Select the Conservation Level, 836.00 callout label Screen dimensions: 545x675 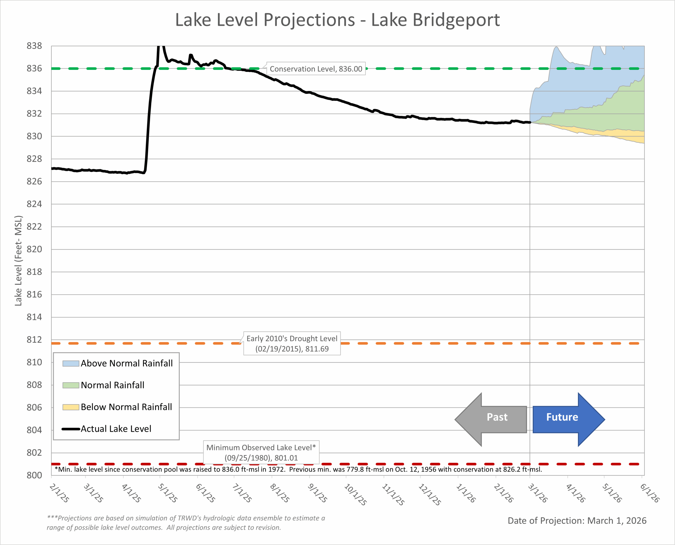click(x=316, y=69)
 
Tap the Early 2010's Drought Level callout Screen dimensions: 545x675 click(x=292, y=343)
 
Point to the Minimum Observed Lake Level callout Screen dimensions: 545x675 click(x=261, y=452)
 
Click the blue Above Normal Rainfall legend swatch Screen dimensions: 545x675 click(x=71, y=364)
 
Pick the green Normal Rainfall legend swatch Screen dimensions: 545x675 click(x=71, y=385)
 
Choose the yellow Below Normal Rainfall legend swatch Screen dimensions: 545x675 click(x=71, y=407)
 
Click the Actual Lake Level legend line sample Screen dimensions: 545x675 click(x=71, y=429)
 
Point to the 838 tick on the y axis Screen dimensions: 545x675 click(x=34, y=46)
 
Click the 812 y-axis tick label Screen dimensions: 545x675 click(x=34, y=340)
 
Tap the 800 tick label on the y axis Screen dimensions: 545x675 click(x=34, y=475)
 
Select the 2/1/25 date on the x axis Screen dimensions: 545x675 click(x=59, y=493)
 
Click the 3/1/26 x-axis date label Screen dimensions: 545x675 click(x=538, y=493)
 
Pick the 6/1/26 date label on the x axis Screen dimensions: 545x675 click(x=650, y=493)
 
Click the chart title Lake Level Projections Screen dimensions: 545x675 click(x=337, y=20)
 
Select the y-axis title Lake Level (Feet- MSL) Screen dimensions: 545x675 click(x=18, y=261)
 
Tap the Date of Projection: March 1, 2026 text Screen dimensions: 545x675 click(x=577, y=521)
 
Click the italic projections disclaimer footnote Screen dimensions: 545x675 click(x=186, y=523)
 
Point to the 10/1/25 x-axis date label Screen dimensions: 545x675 click(x=355, y=494)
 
